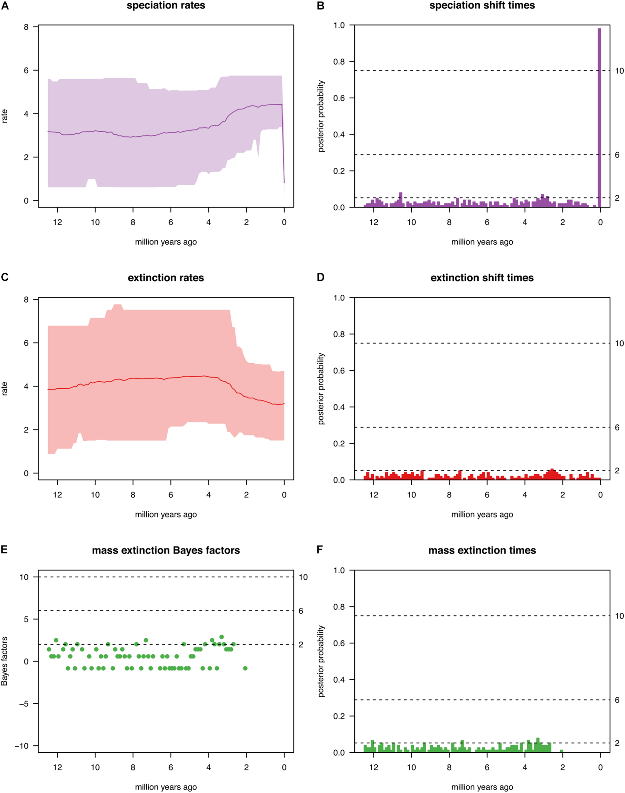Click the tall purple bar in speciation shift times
click(x=599, y=117)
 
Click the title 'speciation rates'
click(x=166, y=5)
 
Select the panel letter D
click(x=321, y=278)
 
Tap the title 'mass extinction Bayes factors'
click(x=166, y=550)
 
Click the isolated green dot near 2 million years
click(x=245, y=668)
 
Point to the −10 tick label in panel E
click(x=22, y=746)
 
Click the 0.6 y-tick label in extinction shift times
click(x=339, y=371)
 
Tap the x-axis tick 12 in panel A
click(x=57, y=222)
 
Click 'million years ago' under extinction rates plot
click(x=166, y=514)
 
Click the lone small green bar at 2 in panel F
click(x=561, y=751)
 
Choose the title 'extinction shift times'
click(x=482, y=278)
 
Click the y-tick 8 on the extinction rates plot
click(x=26, y=300)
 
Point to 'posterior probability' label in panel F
click(x=321, y=661)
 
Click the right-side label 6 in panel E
click(x=301, y=611)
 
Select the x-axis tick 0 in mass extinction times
click(x=600, y=767)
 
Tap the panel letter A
click(x=5, y=5)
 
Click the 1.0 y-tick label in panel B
click(x=339, y=25)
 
